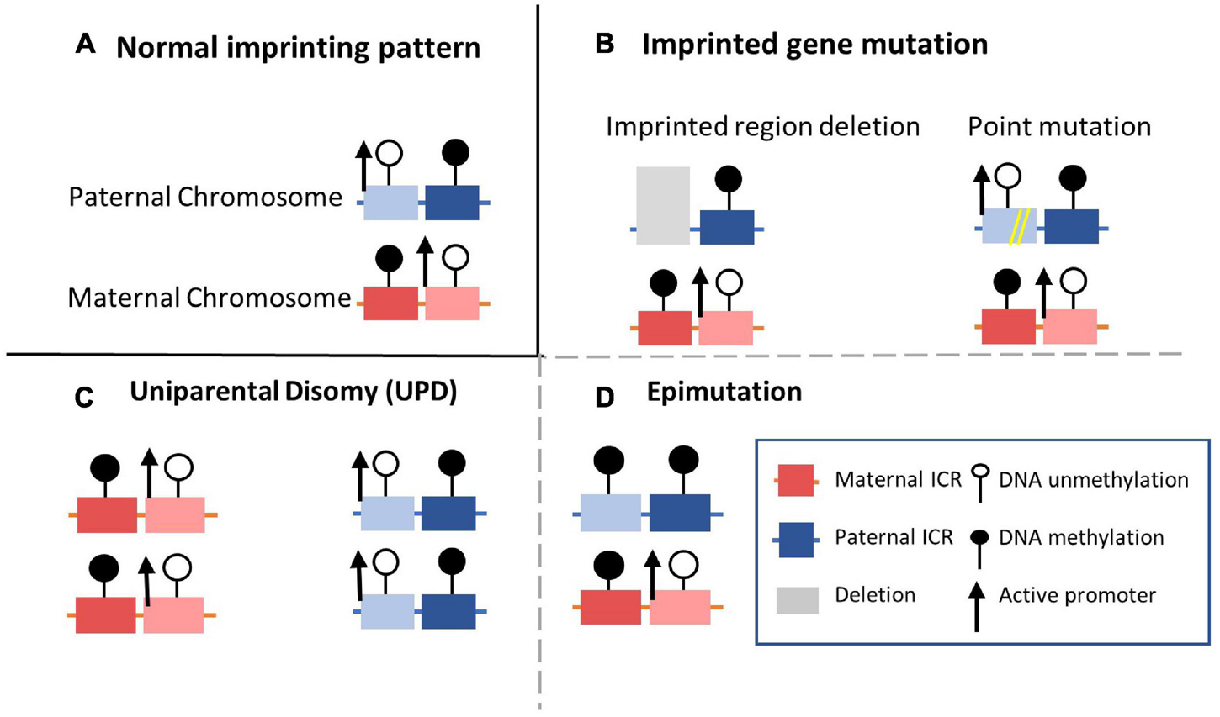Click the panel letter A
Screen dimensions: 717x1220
pyautogui.click(x=85, y=45)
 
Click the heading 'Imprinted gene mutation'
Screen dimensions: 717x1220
pyautogui.click(x=814, y=44)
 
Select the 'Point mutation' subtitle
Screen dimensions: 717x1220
pyautogui.click(x=1058, y=126)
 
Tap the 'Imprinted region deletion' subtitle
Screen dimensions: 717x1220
pyautogui.click(x=762, y=126)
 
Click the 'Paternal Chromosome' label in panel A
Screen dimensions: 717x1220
pyautogui.click(x=205, y=197)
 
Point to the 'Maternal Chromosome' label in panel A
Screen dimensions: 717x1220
pyautogui.click(x=210, y=298)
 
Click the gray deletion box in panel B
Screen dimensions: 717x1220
pyautogui.click(x=663, y=206)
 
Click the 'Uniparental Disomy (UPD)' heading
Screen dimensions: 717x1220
pyautogui.click(x=293, y=392)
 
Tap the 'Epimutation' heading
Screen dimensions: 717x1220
pyautogui.click(x=724, y=392)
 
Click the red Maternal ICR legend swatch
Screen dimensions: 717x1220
pyautogui.click(x=795, y=481)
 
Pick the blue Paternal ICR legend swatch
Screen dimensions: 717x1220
pyautogui.click(x=795, y=539)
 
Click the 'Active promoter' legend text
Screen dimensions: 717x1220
pyautogui.click(x=1077, y=595)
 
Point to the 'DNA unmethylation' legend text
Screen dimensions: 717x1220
pyautogui.click(x=1093, y=480)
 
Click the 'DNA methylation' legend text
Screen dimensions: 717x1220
pyautogui.click(x=1081, y=537)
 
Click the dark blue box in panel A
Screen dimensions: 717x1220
pyautogui.click(x=452, y=203)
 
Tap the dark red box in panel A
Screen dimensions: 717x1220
pyautogui.click(x=390, y=303)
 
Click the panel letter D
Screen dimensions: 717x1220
pyautogui.click(x=604, y=397)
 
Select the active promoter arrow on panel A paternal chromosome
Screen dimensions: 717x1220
pyautogui.click(x=363, y=166)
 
